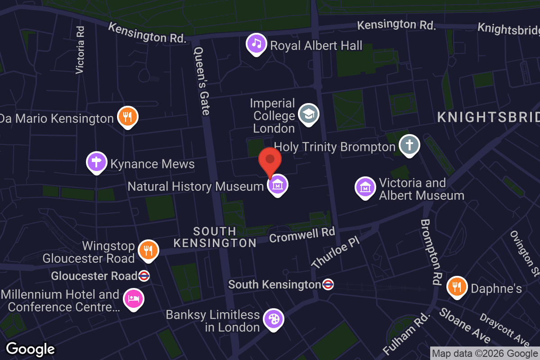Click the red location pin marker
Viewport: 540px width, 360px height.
(270, 161)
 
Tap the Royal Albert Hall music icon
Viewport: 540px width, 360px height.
(256, 44)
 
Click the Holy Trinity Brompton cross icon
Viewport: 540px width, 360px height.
(409, 145)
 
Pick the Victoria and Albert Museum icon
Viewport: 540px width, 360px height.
(365, 187)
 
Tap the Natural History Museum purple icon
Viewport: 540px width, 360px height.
(278, 184)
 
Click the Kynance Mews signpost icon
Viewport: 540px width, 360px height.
(97, 162)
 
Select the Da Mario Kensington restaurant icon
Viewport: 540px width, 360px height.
(128, 117)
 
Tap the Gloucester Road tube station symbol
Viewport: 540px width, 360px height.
(144, 276)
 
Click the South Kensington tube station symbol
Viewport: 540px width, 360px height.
(328, 284)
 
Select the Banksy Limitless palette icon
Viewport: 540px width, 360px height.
(273, 319)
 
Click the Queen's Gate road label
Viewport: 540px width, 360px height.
(201, 81)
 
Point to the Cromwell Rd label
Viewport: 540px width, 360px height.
(302, 234)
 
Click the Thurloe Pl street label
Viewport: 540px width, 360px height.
(336, 254)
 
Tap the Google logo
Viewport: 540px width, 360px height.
(30, 349)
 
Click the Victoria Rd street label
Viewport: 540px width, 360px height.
(80, 49)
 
